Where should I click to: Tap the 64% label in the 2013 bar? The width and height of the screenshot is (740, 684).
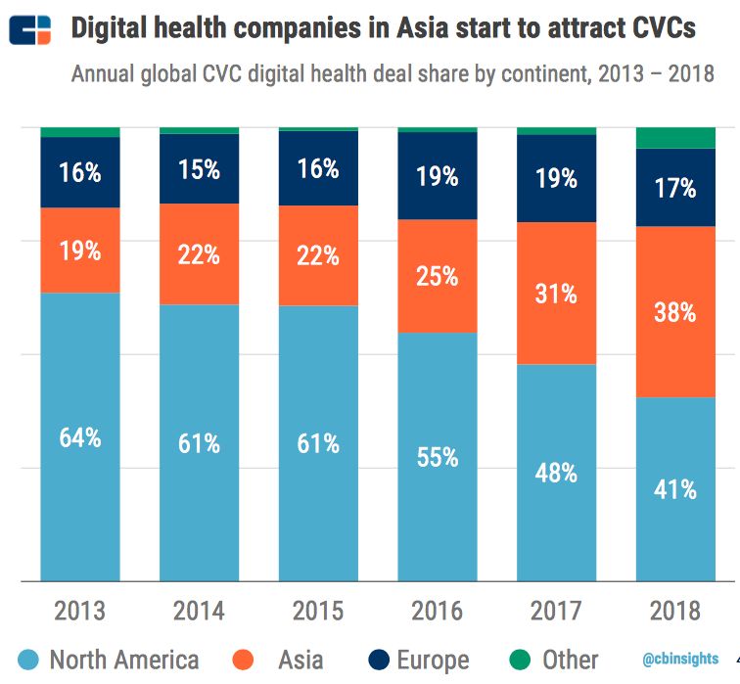tap(80, 437)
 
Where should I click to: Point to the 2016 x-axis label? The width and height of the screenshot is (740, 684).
tap(437, 612)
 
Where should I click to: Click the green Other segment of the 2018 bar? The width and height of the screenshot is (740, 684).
tap(675, 138)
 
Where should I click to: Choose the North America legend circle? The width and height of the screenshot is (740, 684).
tap(23, 660)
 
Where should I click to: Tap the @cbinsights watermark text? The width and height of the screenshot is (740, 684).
tap(681, 659)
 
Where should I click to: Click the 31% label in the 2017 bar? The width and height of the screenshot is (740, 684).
tap(556, 293)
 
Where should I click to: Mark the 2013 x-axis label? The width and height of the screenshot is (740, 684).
tap(80, 612)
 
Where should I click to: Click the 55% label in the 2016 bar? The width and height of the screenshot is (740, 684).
tap(437, 457)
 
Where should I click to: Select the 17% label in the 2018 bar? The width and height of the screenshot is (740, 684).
tap(675, 187)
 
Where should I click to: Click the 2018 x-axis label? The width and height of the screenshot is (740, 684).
tap(675, 612)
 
